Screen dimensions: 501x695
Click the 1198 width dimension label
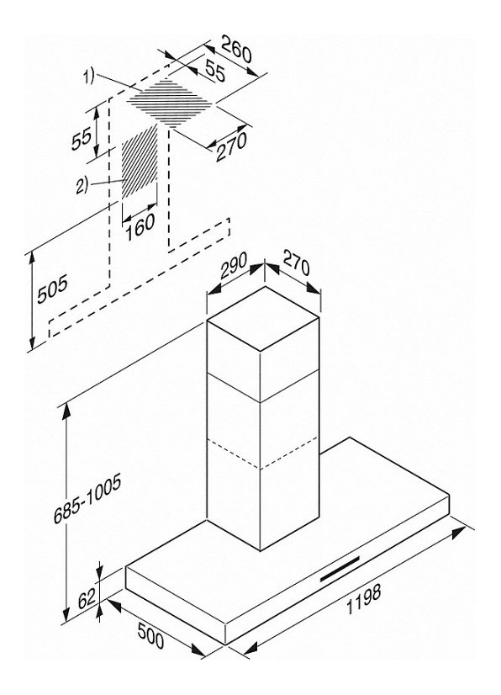click(x=363, y=599)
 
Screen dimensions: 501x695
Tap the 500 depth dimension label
click(x=150, y=635)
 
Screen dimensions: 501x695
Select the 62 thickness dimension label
click(x=87, y=599)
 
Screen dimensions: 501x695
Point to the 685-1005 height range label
click(x=87, y=501)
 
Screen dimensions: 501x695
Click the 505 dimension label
click(x=52, y=289)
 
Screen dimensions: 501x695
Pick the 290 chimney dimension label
click(x=233, y=266)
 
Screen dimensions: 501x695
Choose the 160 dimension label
click(x=140, y=227)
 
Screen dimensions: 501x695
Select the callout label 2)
click(x=82, y=185)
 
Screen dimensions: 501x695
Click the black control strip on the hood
click(x=340, y=569)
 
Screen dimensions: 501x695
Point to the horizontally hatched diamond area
click(x=171, y=101)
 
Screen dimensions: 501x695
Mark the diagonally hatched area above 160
click(x=140, y=162)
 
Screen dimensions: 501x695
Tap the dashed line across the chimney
click(x=262, y=452)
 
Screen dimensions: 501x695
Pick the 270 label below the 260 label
click(x=231, y=147)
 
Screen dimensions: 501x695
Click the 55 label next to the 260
click(x=215, y=71)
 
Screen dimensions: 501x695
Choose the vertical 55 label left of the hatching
click(x=82, y=138)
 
